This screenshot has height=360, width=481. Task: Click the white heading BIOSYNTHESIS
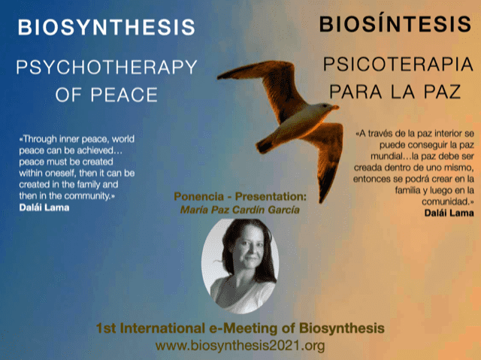click(107, 27)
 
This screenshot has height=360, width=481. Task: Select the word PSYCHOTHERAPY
click(107, 68)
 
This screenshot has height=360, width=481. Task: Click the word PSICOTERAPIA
click(398, 64)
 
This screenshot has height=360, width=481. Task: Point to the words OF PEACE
click(107, 95)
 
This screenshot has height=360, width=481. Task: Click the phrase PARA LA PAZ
click(395, 92)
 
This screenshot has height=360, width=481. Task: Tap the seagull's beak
click(335, 107)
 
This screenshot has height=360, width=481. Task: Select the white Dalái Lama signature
click(44, 207)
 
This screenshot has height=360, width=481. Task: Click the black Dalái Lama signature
click(449, 213)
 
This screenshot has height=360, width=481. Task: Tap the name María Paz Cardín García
click(240, 210)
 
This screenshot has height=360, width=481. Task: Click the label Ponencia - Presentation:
click(240, 197)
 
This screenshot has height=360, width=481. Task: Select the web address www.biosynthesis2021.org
click(240, 346)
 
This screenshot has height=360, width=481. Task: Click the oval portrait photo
click(240, 266)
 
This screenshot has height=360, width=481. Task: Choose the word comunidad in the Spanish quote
click(446, 201)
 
